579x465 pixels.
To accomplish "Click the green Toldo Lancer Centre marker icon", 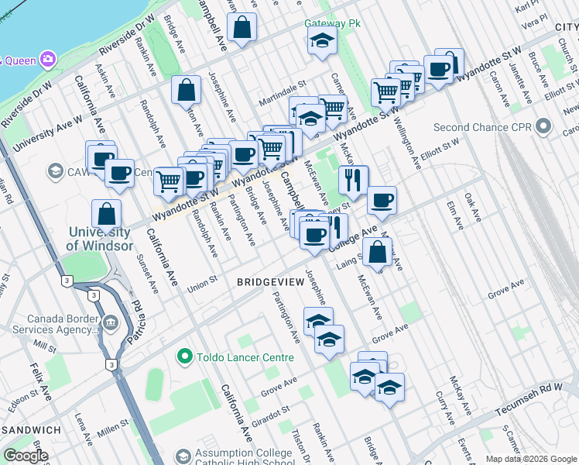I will click(x=184, y=357).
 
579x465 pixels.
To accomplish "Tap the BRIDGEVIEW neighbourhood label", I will click(x=270, y=283).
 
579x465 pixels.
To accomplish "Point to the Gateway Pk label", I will click(x=333, y=23).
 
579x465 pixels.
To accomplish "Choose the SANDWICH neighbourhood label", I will click(x=31, y=429).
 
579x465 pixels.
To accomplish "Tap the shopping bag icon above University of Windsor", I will click(x=106, y=213).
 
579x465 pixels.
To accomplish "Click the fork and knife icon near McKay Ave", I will click(x=353, y=180).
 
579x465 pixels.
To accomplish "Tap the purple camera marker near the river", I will click(x=48, y=59).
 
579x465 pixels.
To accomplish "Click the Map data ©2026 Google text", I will click(x=531, y=459).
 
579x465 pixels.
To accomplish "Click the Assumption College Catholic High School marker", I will click(x=183, y=456).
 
